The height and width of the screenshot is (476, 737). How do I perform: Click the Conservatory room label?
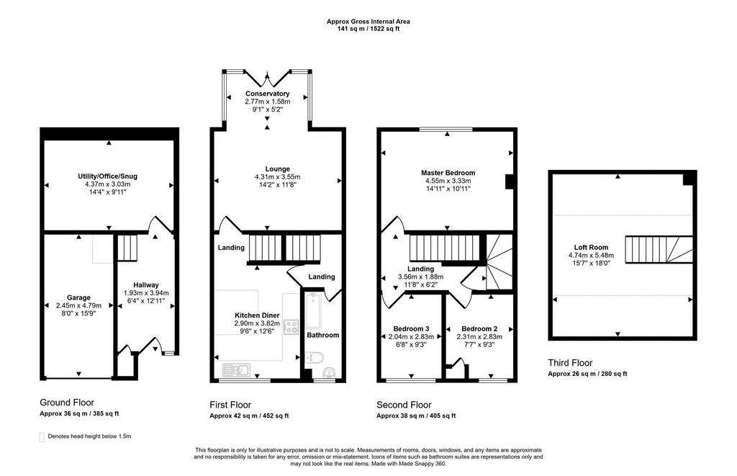click(268, 94)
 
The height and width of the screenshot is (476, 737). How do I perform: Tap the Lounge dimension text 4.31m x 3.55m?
click(277, 177)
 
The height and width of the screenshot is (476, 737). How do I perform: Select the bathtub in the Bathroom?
click(313, 311)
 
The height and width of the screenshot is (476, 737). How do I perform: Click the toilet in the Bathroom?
click(313, 359)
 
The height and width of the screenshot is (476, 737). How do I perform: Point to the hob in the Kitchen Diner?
click(291, 327)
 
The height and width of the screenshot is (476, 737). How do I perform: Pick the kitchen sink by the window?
click(236, 370)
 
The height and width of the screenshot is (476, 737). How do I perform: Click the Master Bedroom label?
click(448, 173)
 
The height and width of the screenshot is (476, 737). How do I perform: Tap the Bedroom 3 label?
click(411, 329)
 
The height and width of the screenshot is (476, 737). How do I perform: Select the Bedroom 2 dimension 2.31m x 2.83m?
click(479, 337)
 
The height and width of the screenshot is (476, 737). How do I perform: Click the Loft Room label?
click(591, 247)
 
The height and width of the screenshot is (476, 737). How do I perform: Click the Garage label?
click(78, 297)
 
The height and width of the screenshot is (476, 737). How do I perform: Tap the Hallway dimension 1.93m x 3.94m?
click(146, 292)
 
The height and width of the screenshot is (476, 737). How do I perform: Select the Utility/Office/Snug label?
click(108, 176)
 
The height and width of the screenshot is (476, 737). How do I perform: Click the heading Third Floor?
click(570, 363)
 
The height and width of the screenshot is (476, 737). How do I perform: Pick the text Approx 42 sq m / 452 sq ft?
click(249, 416)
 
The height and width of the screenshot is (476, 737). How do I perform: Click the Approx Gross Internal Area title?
click(368, 21)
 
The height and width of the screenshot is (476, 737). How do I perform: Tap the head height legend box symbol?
click(42, 437)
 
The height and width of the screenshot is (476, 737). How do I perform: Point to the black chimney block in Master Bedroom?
click(509, 182)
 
